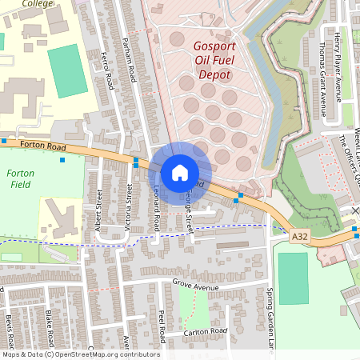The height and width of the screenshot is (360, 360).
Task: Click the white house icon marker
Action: pyautogui.click(x=180, y=172)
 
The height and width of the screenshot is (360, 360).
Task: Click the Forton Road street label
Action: pyautogui.click(x=43, y=146)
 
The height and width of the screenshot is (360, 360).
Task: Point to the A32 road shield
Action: pyautogui.click(x=300, y=237)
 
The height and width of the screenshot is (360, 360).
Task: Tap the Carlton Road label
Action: pyautogui.click(x=205, y=330)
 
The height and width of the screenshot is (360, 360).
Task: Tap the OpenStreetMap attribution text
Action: pyautogui.click(x=81, y=354)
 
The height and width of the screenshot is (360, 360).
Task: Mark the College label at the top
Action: pyautogui.click(x=37, y=4)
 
